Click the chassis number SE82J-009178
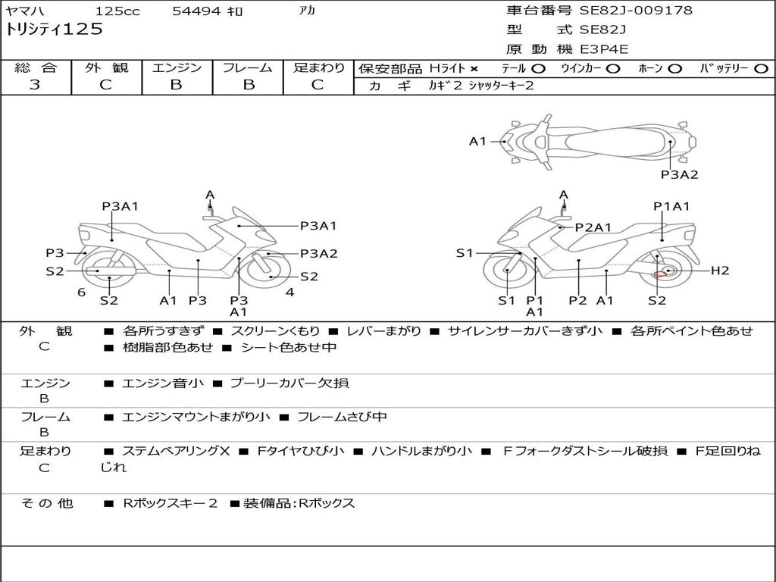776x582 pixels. tap(636, 11)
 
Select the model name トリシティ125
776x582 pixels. tap(54, 30)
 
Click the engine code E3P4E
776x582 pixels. tap(604, 49)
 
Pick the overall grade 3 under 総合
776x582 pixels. tap(35, 85)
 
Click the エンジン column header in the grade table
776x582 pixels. tap(177, 68)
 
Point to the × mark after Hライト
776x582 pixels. tap(474, 68)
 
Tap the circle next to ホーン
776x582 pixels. tap(674, 68)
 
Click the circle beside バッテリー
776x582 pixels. tap(761, 68)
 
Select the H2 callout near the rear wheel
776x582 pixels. tap(719, 271)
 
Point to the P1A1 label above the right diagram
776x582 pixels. tap(671, 206)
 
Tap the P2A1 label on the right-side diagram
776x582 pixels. tap(593, 227)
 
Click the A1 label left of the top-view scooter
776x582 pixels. tap(477, 141)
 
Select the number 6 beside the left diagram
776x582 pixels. tap(81, 293)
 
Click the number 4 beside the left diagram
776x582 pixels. tap(289, 293)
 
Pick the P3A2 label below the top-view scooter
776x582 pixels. tap(679, 174)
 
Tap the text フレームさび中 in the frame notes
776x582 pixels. tap(342, 417)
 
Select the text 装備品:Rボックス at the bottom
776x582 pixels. tap(299, 503)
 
